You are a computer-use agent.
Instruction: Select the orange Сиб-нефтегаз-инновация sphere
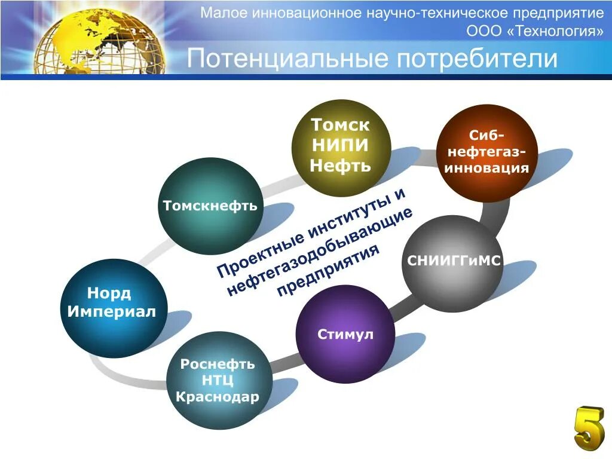point(486,153)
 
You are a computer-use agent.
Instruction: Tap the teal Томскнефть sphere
point(210,206)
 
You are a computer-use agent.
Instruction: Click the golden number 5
point(589,428)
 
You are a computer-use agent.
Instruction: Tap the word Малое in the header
point(221,13)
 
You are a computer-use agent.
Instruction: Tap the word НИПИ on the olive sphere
point(340,145)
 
